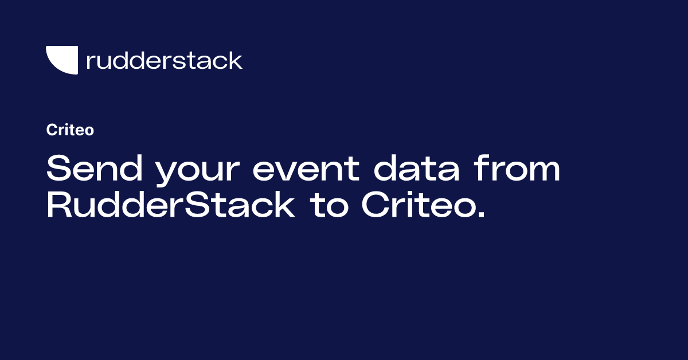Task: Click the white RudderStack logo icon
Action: click(x=62, y=60)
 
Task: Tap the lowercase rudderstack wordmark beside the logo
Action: click(x=164, y=60)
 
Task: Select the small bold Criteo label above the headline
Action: click(x=70, y=130)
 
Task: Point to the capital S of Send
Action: click(x=58, y=170)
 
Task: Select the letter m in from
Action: click(x=543, y=173)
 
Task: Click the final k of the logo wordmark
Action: click(x=235, y=60)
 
